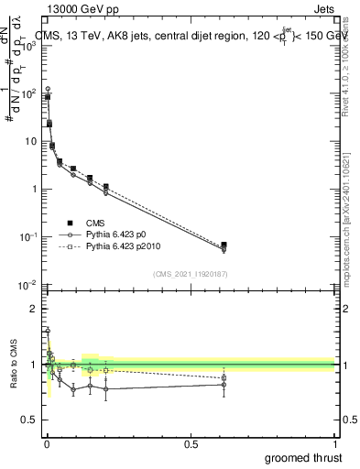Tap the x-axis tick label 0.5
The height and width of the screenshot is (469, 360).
click(x=191, y=444)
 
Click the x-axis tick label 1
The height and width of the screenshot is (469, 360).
click(x=333, y=444)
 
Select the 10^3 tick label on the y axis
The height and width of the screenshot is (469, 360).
click(x=27, y=47)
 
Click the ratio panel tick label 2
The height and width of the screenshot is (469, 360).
click(x=32, y=309)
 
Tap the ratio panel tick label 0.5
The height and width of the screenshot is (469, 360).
click(x=28, y=420)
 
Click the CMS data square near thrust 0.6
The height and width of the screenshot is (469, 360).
click(x=224, y=245)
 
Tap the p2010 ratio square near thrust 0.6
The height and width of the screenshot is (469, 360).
click(x=224, y=377)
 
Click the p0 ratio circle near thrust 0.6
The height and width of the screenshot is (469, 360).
click(x=224, y=385)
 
